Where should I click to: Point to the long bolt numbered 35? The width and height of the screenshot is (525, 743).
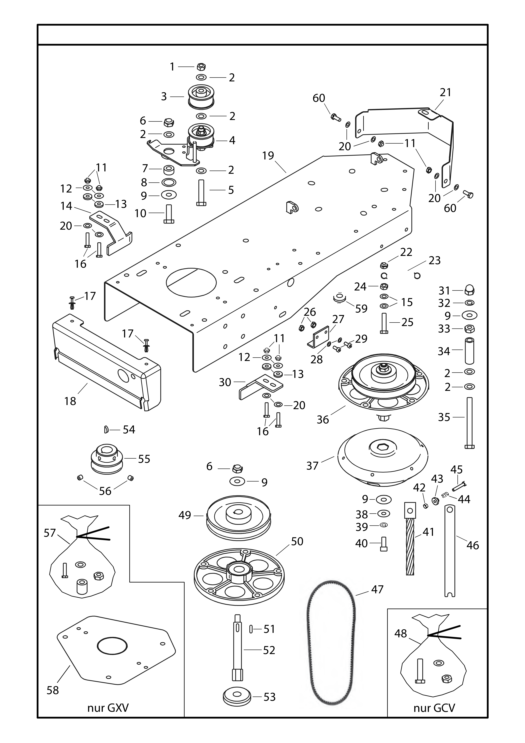(x=469, y=422)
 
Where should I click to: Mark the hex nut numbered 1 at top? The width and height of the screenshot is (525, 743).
(x=201, y=67)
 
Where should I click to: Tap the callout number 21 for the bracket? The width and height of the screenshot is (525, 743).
(x=445, y=93)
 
